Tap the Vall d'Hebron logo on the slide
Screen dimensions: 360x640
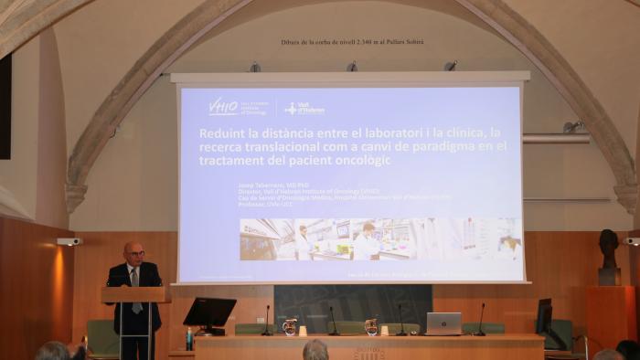click(x=304, y=108)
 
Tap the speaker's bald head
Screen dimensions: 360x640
click(x=133, y=250)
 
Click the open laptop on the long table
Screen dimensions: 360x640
click(x=443, y=323)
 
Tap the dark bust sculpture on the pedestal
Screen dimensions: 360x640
click(x=608, y=249)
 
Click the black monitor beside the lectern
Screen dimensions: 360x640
click(x=209, y=313)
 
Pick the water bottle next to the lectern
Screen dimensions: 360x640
click(x=189, y=338)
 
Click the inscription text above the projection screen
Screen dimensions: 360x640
click(x=352, y=42)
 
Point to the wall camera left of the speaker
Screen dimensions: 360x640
click(x=69, y=241)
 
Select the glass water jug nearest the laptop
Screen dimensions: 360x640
click(x=371, y=326)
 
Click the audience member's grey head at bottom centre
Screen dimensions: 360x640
click(x=315, y=350)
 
